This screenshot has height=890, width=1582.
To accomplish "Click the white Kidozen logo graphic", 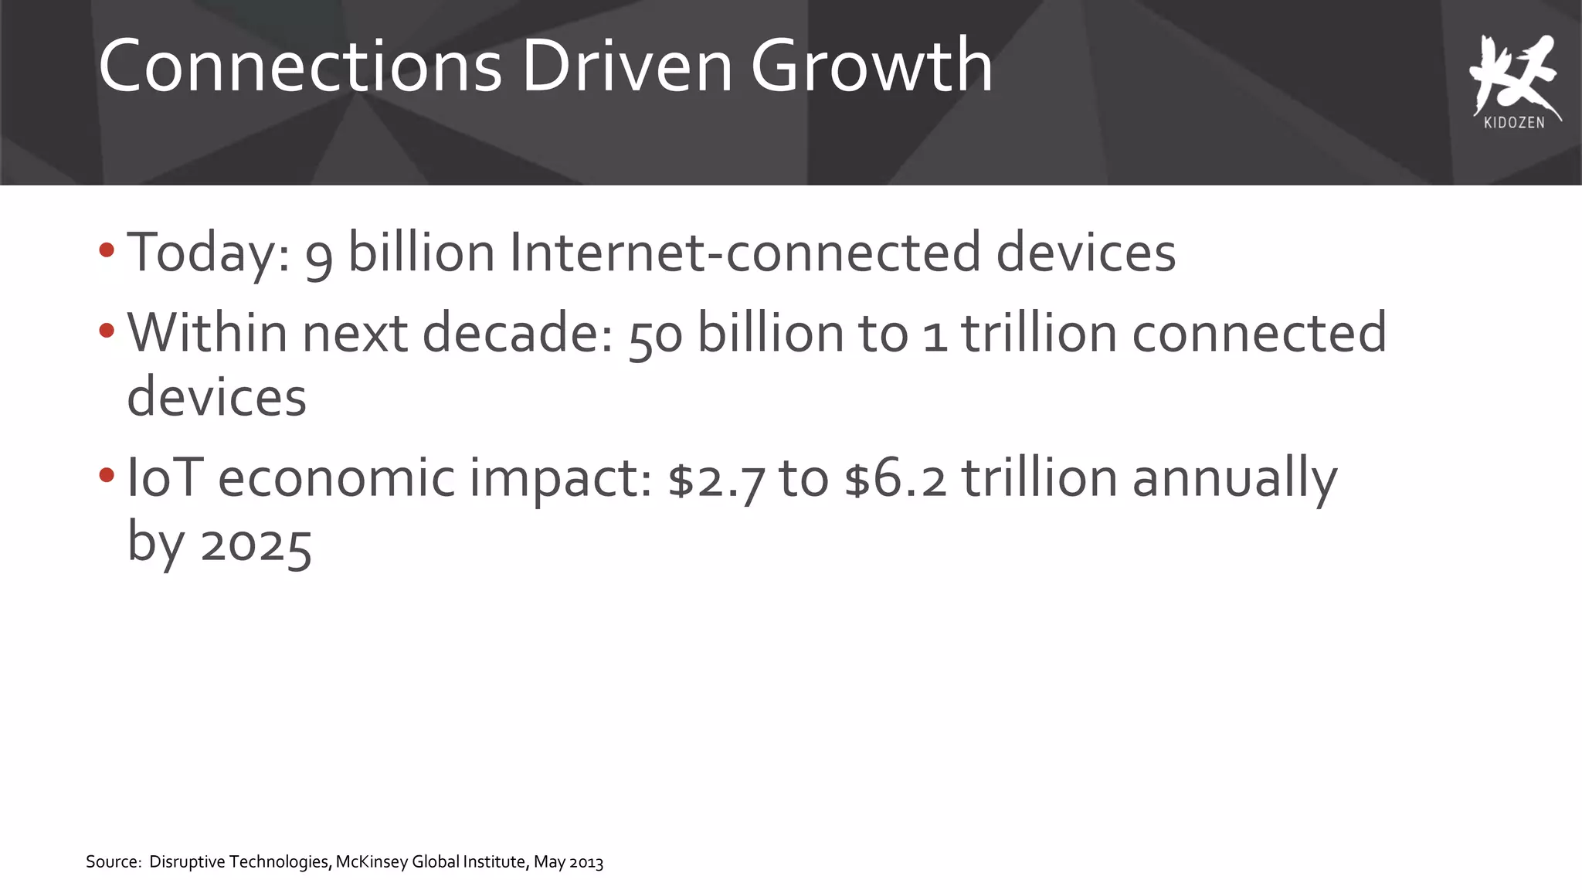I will pyautogui.click(x=1513, y=73).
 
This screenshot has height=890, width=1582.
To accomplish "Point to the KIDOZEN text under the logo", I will pyautogui.click(x=1514, y=123).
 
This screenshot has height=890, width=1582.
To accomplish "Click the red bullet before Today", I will pyautogui.click(x=107, y=250).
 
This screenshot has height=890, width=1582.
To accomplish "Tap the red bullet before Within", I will pyautogui.click(x=107, y=331).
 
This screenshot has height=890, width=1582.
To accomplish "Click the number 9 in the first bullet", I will pyautogui.click(x=318, y=255).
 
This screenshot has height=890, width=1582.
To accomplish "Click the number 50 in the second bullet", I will pyautogui.click(x=655, y=335).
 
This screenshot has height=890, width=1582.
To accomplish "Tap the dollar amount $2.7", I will pyautogui.click(x=716, y=479).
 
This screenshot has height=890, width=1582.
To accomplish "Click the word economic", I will pyautogui.click(x=336, y=477).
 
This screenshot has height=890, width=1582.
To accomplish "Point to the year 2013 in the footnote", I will pyautogui.click(x=586, y=862).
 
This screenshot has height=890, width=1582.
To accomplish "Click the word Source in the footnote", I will pyautogui.click(x=112, y=862).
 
